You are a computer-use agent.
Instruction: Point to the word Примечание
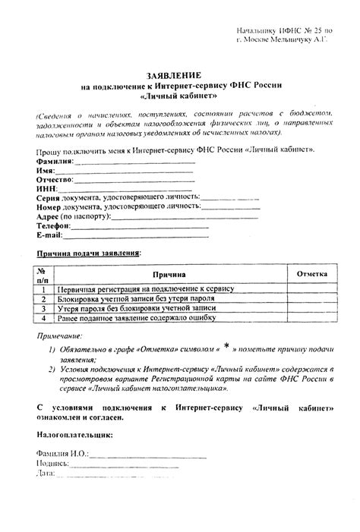tap(59, 335)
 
